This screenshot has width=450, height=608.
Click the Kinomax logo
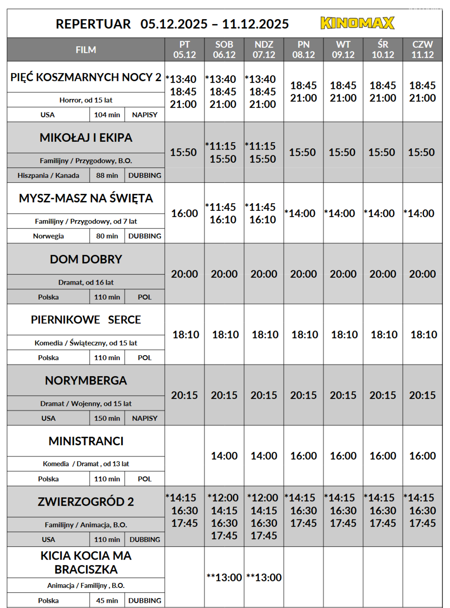click(357, 23)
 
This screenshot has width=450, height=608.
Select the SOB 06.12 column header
click(224, 50)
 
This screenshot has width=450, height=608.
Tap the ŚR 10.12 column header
click(382, 50)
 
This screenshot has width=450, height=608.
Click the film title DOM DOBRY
click(86, 259)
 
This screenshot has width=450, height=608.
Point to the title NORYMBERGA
click(86, 380)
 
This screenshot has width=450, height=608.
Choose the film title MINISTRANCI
click(86, 441)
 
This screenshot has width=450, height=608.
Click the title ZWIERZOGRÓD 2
click(86, 501)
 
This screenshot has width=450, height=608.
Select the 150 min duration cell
click(107, 418)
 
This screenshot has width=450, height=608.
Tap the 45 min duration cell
click(107, 600)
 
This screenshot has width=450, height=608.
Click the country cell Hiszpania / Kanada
click(48, 176)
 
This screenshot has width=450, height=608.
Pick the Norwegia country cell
click(48, 236)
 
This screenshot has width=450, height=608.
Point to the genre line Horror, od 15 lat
click(86, 100)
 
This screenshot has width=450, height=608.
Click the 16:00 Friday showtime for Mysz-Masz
click(184, 213)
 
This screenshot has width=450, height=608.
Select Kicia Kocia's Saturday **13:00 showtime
click(224, 577)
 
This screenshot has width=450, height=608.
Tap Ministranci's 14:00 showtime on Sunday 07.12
click(264, 456)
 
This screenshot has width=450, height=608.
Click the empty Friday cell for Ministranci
click(184, 456)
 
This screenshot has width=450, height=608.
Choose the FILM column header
click(86, 50)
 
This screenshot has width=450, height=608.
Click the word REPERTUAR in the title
click(93, 24)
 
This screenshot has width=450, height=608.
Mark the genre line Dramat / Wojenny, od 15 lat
click(86, 404)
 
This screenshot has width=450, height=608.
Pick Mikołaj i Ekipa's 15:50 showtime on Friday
click(183, 152)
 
